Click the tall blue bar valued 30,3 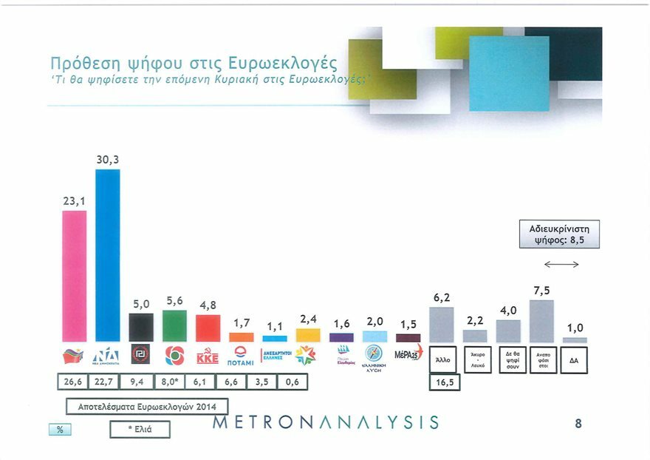(108, 255)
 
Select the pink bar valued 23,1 (74, 276)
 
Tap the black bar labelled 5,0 (141, 327)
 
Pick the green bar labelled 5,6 (174, 325)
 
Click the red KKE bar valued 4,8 (208, 328)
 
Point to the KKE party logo (208, 357)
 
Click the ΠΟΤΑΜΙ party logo (241, 356)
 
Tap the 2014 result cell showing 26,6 (74, 382)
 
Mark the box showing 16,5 (444, 382)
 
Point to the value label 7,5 (541, 291)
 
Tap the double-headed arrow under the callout (561, 265)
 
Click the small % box (59, 430)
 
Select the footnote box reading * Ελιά (140, 430)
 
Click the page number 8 (578, 424)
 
